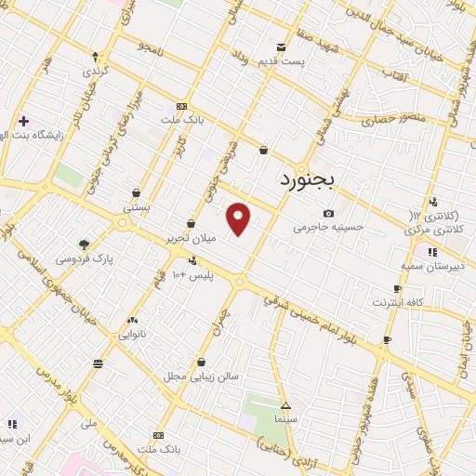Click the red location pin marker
click(x=239, y=218)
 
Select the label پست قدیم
click(x=310, y=61)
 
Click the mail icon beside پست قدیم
click(x=281, y=47)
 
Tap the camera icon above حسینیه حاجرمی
click(x=328, y=214)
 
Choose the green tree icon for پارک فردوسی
click(x=85, y=245)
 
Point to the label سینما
click(x=285, y=420)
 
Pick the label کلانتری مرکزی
click(x=442, y=228)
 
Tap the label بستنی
click(x=137, y=207)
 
